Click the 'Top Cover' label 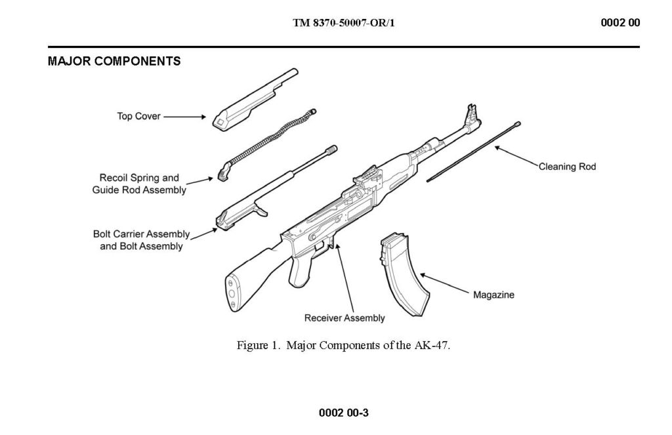pyautogui.click(x=138, y=117)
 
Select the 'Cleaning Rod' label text pyautogui.click(x=567, y=167)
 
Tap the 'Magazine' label pyautogui.click(x=493, y=295)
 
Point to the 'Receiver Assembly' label pyautogui.click(x=345, y=318)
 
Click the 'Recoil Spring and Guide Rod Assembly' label pyautogui.click(x=139, y=184)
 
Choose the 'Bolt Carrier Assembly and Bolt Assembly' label pyautogui.click(x=141, y=240)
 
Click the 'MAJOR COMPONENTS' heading pyautogui.click(x=114, y=62)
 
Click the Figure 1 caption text pyautogui.click(x=344, y=346)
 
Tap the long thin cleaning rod pyautogui.click(x=472, y=151)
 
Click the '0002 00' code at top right pyautogui.click(x=620, y=23)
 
